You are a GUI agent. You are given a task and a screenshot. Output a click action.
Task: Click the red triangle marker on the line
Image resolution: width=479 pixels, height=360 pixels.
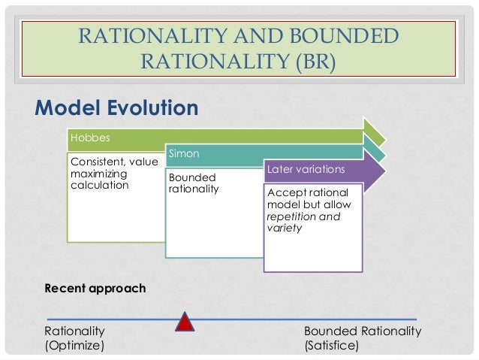point(185,322)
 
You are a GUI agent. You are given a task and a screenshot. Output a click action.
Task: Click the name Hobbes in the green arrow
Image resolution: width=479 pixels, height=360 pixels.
point(84,138)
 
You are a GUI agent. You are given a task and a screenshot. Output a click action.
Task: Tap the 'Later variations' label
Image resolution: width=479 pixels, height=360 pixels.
point(305,169)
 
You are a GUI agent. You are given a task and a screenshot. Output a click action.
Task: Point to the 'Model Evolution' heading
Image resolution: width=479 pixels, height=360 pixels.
point(116,107)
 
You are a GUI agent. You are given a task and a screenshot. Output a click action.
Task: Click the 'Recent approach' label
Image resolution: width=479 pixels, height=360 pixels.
point(95,288)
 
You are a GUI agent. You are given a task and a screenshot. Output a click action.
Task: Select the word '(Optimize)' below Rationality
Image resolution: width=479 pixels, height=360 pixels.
point(74,346)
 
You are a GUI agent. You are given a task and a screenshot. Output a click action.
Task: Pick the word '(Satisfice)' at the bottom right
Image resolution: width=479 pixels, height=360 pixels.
point(331,346)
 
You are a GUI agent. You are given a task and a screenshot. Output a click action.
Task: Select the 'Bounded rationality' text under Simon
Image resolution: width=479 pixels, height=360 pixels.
point(194,183)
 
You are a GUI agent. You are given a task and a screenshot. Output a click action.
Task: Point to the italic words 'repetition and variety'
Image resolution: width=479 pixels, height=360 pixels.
point(303,222)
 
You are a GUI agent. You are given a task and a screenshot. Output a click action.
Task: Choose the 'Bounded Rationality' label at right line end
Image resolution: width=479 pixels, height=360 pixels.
point(363,331)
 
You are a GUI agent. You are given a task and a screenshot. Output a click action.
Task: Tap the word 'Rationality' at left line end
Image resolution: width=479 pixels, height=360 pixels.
point(75,331)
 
